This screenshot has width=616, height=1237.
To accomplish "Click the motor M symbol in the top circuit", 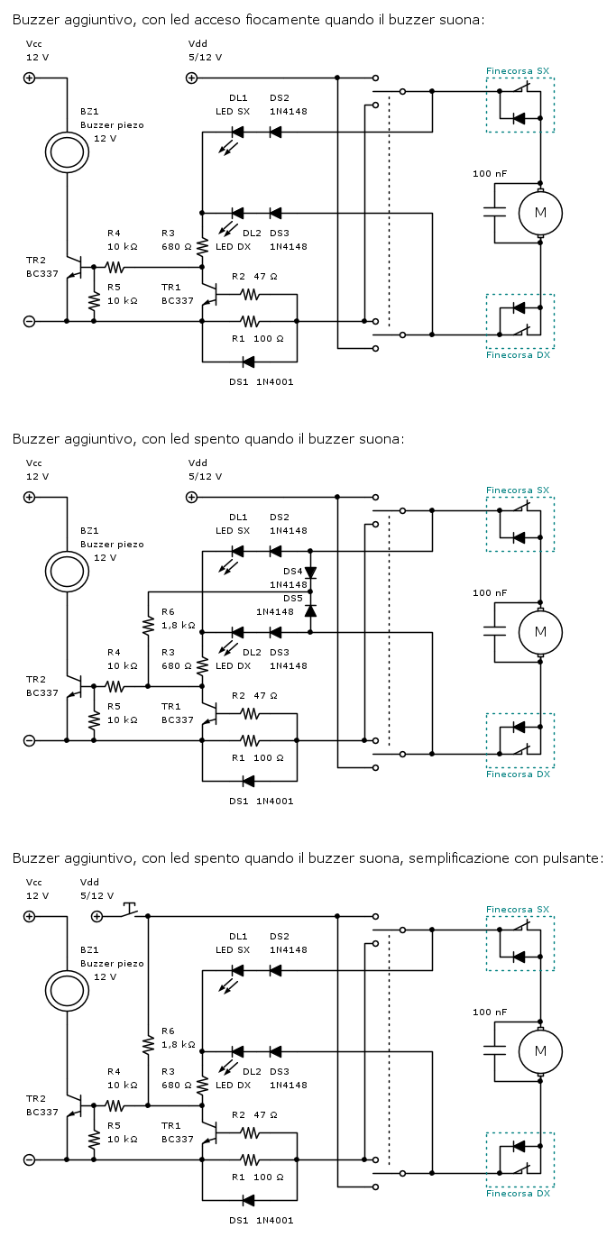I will click(x=540, y=212).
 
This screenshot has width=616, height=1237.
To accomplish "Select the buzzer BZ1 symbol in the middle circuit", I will click(x=68, y=570).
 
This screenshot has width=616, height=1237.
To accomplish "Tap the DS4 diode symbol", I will click(x=310, y=573).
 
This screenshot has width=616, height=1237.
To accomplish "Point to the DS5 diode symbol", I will click(x=310, y=610).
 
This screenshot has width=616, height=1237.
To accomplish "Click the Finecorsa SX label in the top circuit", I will click(x=518, y=70).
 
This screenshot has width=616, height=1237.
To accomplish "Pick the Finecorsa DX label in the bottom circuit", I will click(x=518, y=1193).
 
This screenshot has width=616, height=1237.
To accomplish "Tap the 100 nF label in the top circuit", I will click(x=490, y=173).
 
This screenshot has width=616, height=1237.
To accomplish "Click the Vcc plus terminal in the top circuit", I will click(x=29, y=78).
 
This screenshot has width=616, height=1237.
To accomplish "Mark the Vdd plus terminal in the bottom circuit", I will click(x=97, y=916).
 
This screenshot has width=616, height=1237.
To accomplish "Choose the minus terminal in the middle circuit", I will click(x=29, y=740).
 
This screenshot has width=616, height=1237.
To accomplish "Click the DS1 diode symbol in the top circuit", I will click(x=248, y=362).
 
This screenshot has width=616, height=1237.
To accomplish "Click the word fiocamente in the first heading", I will click(x=283, y=20).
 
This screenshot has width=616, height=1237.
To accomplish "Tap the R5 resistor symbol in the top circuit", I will click(x=93, y=299).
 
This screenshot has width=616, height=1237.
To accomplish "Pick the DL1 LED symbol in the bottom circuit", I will click(x=237, y=971).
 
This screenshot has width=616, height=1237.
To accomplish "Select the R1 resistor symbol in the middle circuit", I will click(x=249, y=740).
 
